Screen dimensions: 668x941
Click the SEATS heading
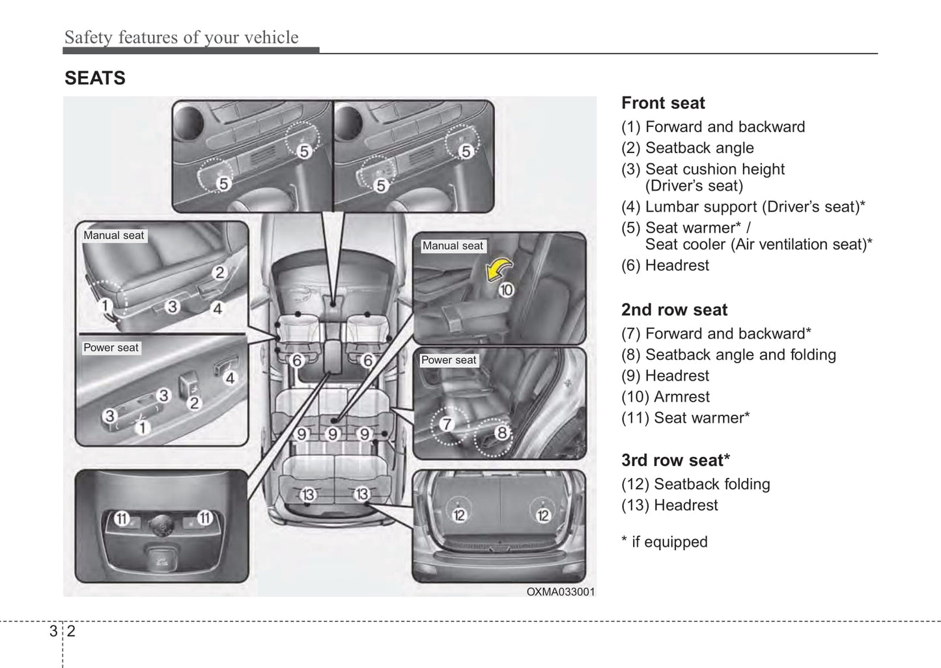[x=95, y=78]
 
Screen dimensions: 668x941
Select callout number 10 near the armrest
[x=506, y=290]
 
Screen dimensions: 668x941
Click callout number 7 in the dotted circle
[x=447, y=424]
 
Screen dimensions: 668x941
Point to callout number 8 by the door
[x=501, y=432]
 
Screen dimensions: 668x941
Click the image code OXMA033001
[x=560, y=592]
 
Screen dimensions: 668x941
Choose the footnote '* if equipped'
[x=664, y=542]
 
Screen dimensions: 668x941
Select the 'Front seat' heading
[x=663, y=103]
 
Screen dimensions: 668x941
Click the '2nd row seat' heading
[x=674, y=310]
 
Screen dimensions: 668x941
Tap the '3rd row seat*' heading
[x=675, y=460]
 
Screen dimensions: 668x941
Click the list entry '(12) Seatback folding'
[x=695, y=484]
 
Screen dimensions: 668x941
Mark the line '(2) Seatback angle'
[x=688, y=148]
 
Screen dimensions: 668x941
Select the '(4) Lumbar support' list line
[x=743, y=206]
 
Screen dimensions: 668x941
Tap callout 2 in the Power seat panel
[x=193, y=403]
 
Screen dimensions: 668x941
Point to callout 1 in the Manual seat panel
[x=105, y=305]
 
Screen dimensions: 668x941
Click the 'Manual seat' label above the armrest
[x=453, y=245]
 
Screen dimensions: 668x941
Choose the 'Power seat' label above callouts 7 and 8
[x=449, y=360]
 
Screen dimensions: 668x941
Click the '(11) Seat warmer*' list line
[x=685, y=417]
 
